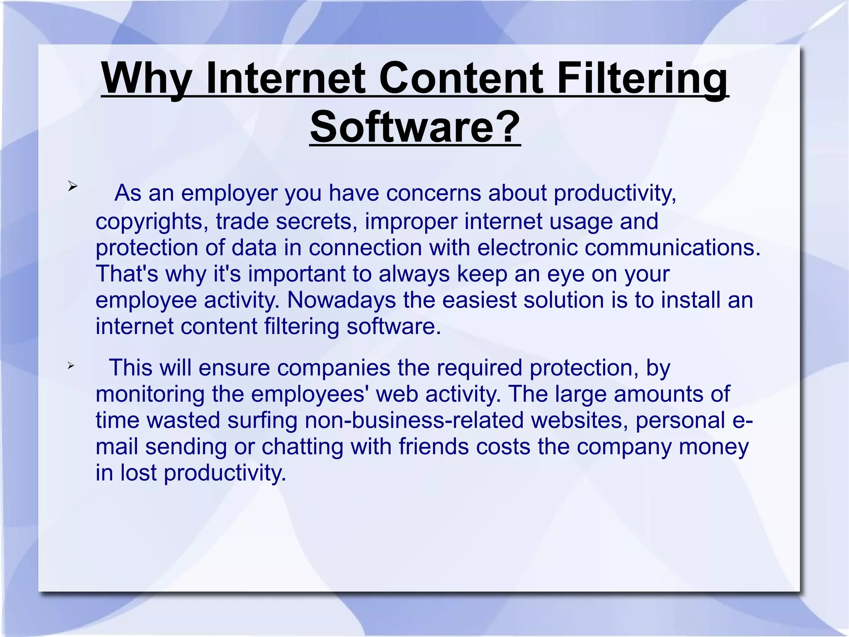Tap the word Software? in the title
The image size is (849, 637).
tap(415, 127)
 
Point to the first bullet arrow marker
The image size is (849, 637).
tap(73, 186)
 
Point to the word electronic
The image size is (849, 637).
tap(527, 248)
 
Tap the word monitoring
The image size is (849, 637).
tap(150, 394)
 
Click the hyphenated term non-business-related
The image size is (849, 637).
tap(414, 420)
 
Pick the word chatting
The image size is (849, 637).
tap(302, 447)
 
